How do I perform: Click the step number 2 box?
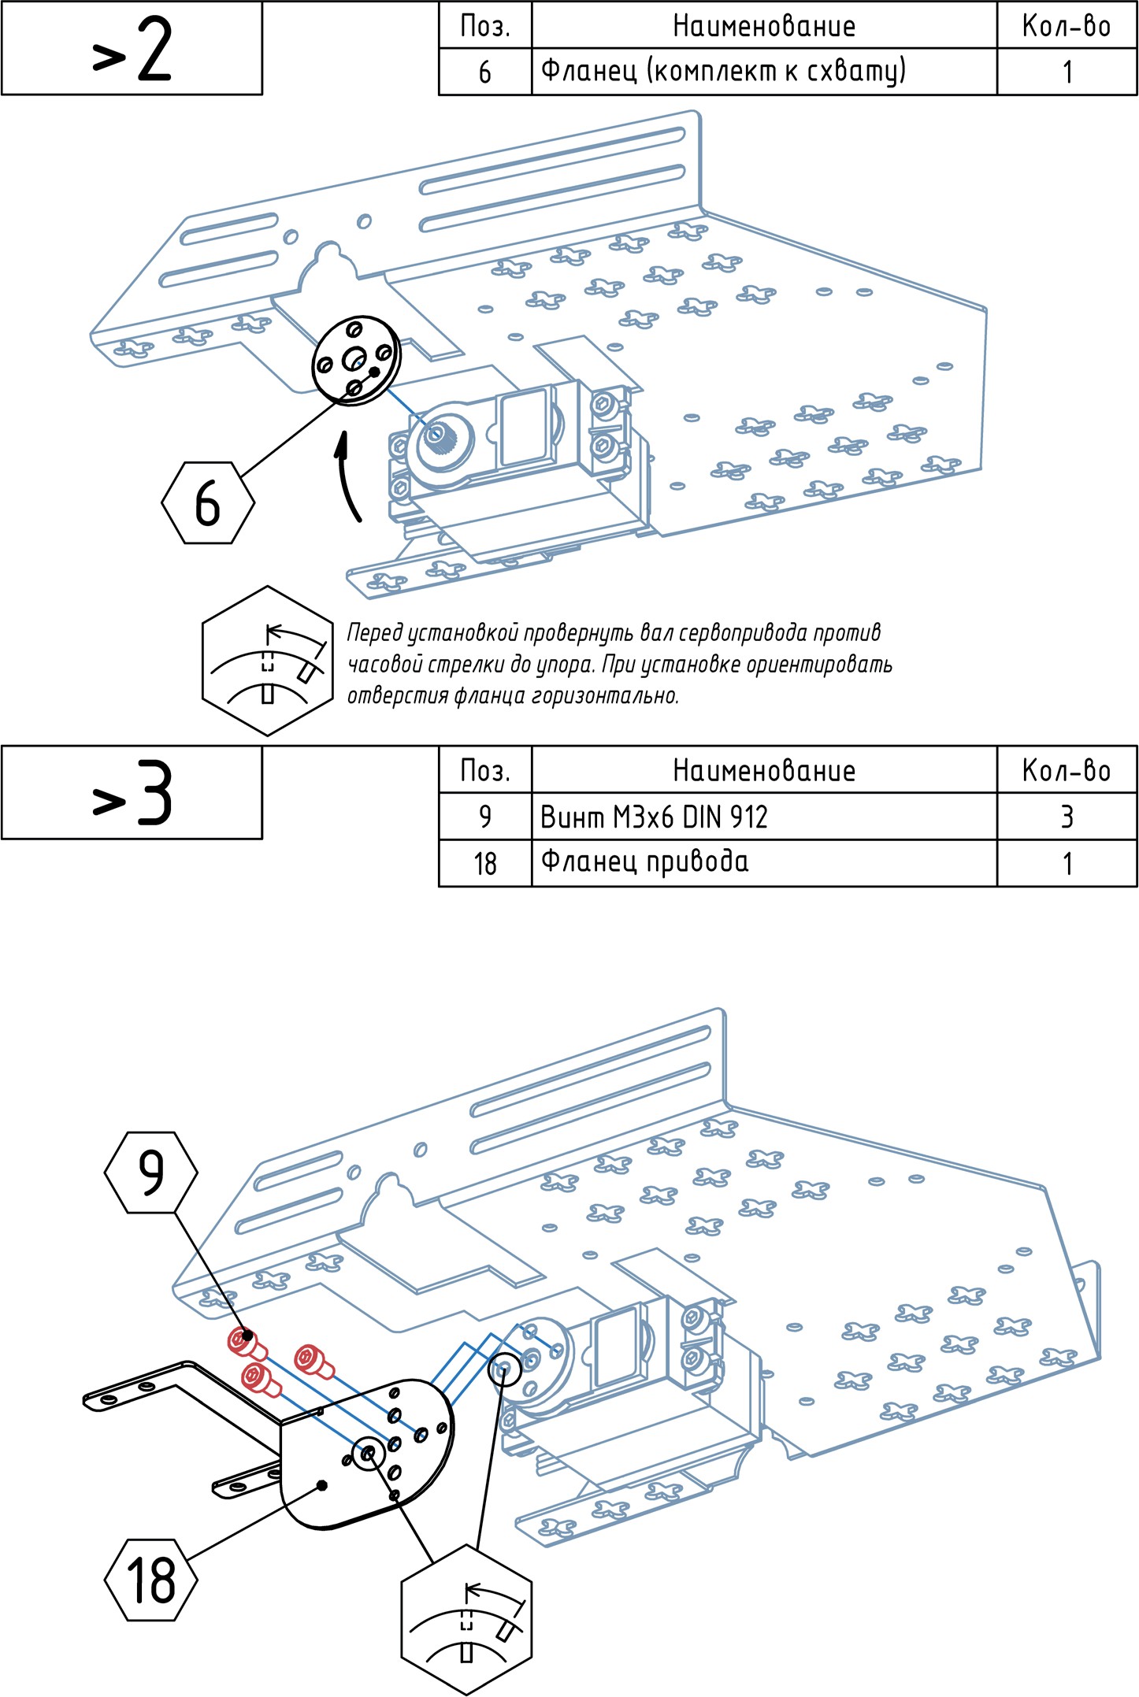[x=132, y=49]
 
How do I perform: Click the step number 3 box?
[x=132, y=793]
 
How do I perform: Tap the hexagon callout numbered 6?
[x=208, y=503]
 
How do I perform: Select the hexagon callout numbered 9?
[x=150, y=1173]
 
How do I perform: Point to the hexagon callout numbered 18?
[x=150, y=1580]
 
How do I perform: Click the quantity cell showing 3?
[x=1067, y=817]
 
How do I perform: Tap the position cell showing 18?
[x=485, y=864]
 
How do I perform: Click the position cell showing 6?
[x=485, y=72]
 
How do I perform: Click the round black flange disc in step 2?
[x=357, y=361]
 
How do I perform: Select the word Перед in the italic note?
[x=375, y=633]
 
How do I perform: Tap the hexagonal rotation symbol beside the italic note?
[x=268, y=661]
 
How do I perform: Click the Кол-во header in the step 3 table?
[x=1067, y=770]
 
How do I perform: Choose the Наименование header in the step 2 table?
[x=763, y=26]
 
